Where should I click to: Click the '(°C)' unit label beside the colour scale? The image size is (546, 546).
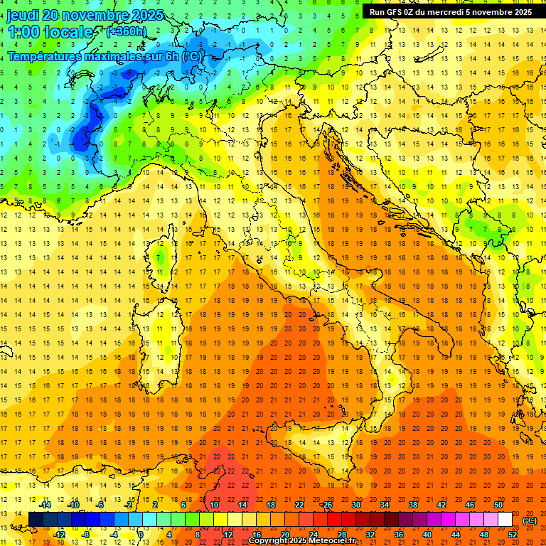click(x=530, y=520)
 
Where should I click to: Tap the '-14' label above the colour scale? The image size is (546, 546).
click(x=45, y=505)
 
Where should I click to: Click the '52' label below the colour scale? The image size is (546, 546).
click(x=513, y=534)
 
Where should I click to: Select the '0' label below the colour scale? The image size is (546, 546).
click(x=141, y=534)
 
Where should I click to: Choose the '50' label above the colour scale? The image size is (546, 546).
click(x=498, y=505)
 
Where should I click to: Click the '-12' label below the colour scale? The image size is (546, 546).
click(x=60, y=534)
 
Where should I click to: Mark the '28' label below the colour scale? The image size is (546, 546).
click(x=341, y=534)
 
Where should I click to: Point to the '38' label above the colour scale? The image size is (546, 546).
click(x=413, y=505)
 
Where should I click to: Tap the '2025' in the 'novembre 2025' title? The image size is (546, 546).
click(x=147, y=16)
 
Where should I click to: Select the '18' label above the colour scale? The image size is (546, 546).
click(x=270, y=505)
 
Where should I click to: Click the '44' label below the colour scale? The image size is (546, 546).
click(x=456, y=534)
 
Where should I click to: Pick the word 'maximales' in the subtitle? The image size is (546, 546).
click(x=112, y=56)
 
